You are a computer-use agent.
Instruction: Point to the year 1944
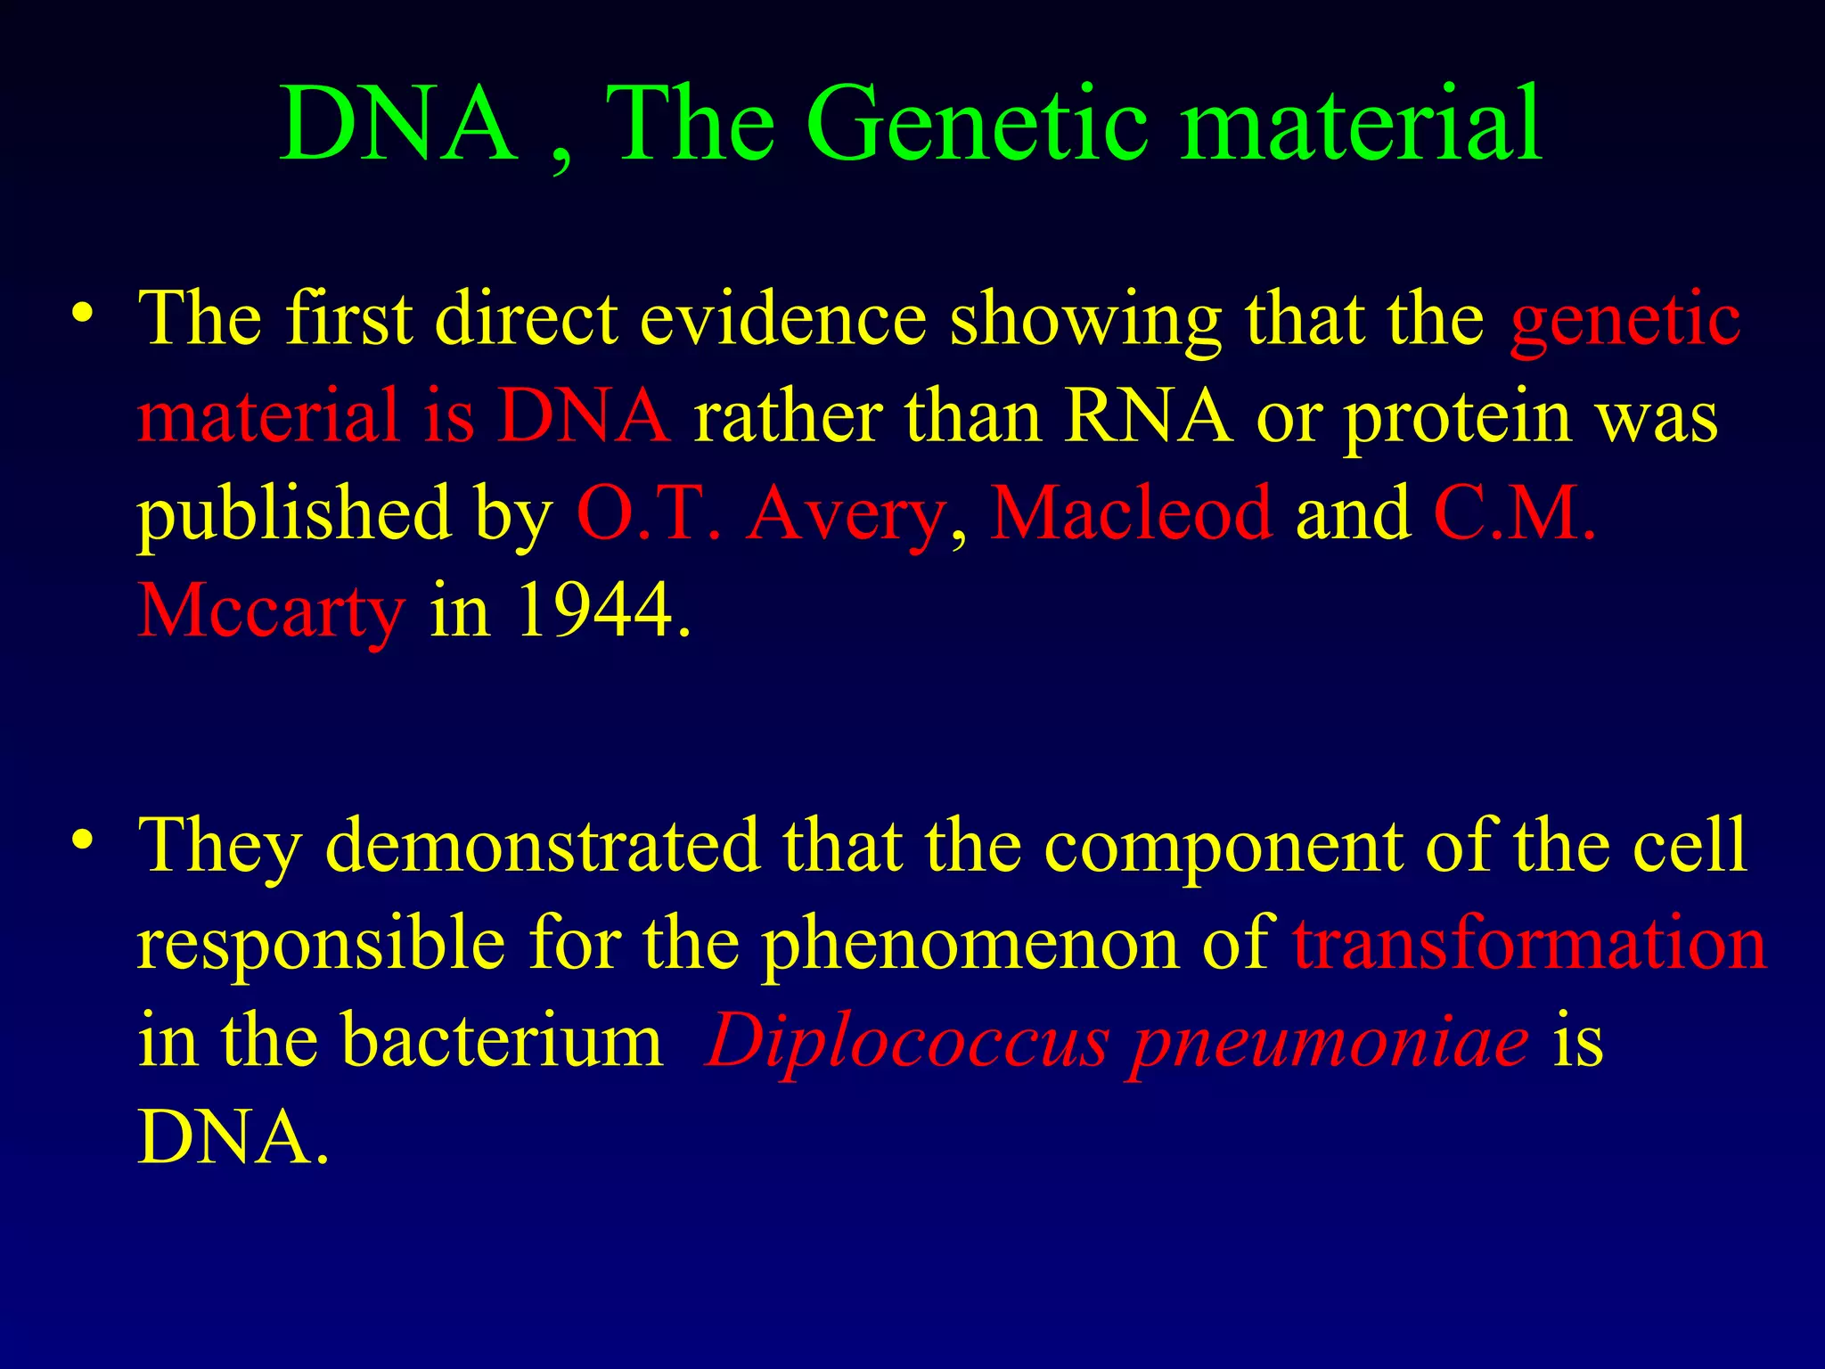click(594, 611)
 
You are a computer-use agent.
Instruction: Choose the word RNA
click(1149, 416)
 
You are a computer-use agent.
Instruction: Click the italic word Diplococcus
click(906, 1042)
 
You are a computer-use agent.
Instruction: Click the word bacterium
click(503, 1040)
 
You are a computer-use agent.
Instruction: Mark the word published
click(294, 515)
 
